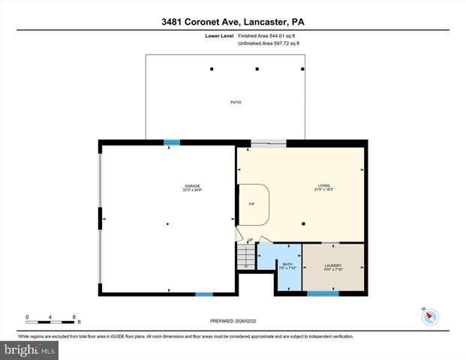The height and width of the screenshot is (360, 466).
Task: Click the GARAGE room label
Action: [192, 187]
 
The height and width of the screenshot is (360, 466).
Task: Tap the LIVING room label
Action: [323, 187]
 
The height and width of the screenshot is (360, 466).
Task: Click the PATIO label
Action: [235, 102]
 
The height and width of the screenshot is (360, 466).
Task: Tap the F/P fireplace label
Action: [252, 204]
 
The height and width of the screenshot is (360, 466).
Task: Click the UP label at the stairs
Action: [249, 240]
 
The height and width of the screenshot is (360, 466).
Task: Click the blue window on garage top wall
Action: [173, 141]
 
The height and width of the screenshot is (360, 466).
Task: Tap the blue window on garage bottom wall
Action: [204, 294]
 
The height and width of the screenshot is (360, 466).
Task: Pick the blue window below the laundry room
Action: [322, 294]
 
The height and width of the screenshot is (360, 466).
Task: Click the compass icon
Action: [430, 316]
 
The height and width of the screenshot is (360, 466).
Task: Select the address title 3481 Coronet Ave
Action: [233, 22]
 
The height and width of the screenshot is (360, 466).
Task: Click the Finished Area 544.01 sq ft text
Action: [269, 35]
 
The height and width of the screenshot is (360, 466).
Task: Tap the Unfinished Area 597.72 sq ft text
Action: [269, 44]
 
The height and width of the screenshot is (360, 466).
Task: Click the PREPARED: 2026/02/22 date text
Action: [233, 320]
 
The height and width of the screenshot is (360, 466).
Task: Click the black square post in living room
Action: [302, 223]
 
